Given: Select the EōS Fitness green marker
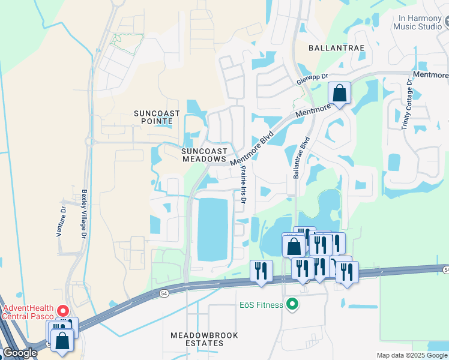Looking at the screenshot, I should [x=292, y=305].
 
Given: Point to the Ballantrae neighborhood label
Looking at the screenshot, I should [x=328, y=47].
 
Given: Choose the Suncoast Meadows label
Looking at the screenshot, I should [x=205, y=155].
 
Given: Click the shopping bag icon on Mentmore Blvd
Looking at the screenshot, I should [x=339, y=94].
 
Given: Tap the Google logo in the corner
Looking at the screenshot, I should [x=20, y=353].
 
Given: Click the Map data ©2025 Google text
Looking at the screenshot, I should [x=412, y=355].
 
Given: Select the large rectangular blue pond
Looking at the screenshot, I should [x=213, y=229].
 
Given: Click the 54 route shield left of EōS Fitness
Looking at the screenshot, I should [x=164, y=293].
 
